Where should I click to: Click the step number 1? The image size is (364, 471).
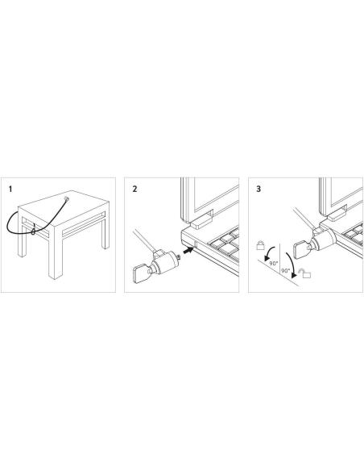pyautogui.click(x=10, y=190)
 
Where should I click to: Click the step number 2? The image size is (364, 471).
pyautogui.click(x=134, y=190)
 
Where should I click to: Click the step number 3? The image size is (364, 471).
pyautogui.click(x=259, y=190)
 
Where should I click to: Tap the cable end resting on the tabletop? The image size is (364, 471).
pyautogui.click(x=66, y=198)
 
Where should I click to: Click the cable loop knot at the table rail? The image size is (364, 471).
pyautogui.click(x=33, y=231)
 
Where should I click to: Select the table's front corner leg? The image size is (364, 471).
pyautogui.click(x=56, y=252)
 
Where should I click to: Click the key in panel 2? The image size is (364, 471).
pyautogui.click(x=141, y=273)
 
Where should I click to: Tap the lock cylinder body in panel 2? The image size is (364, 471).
pyautogui.click(x=164, y=263)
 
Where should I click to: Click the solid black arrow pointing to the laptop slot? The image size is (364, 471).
pyautogui.click(x=188, y=250)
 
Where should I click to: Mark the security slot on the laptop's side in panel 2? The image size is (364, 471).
pyautogui.click(x=196, y=244)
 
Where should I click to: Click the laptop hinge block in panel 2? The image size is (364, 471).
pyautogui.click(x=201, y=223)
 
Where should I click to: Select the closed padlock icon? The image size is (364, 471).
pyautogui.click(x=260, y=245)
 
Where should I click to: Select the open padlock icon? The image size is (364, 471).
pyautogui.click(x=304, y=274)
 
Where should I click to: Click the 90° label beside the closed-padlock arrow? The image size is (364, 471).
pyautogui.click(x=274, y=263)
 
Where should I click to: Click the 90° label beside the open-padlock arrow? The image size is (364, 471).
pyautogui.click(x=285, y=271)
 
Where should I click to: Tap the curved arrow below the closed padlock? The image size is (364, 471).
pyautogui.click(x=268, y=252)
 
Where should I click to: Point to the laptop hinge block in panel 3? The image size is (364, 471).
pyautogui.click(x=337, y=214)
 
